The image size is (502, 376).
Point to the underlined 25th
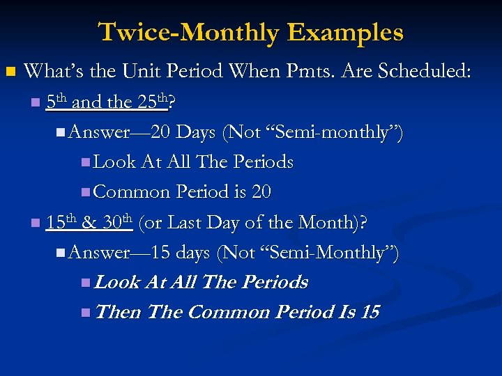tap(153, 102)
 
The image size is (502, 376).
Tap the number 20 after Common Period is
tap(261, 191)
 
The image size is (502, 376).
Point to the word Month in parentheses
tap(327, 223)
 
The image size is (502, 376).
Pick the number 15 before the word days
tap(160, 253)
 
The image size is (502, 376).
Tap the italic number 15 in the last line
tap(370, 312)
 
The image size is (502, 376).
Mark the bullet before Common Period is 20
tap(85, 192)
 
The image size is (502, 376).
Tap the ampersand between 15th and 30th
tap(89, 224)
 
